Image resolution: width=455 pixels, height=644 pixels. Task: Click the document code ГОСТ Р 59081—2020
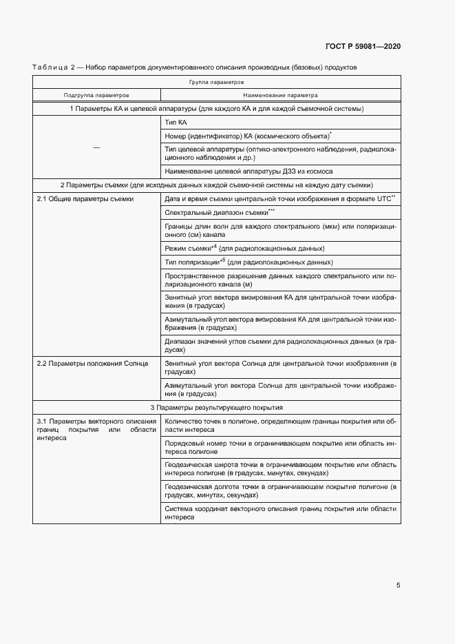(x=363, y=46)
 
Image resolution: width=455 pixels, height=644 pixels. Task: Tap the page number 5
(x=398, y=585)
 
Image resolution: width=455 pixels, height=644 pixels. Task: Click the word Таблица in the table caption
(x=50, y=67)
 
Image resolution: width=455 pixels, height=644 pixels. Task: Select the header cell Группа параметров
(x=216, y=81)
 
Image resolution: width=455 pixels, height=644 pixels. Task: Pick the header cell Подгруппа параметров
(x=96, y=95)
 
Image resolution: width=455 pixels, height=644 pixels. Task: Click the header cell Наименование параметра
(x=280, y=95)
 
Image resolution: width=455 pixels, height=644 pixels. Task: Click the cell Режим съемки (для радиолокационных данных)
(x=244, y=248)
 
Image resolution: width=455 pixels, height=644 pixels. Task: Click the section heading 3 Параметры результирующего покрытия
(x=216, y=408)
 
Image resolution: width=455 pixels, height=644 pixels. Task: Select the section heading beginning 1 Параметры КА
(x=216, y=109)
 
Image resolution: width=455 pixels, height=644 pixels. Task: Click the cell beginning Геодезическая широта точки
(x=280, y=470)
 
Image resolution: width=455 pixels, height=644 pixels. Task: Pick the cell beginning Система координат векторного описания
(x=280, y=512)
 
